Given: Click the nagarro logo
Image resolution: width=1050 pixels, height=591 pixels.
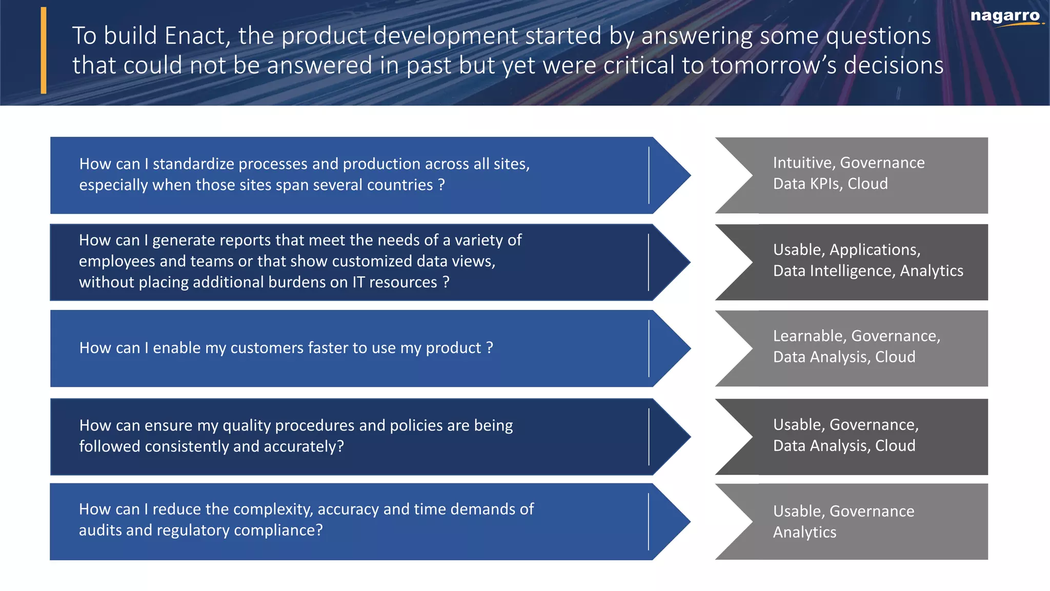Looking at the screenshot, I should [1005, 16].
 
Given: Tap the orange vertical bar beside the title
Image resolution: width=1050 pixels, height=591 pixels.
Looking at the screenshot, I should [44, 50].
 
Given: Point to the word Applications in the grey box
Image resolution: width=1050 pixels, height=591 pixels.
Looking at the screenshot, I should [874, 250].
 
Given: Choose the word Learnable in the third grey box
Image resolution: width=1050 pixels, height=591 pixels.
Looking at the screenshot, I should [810, 336].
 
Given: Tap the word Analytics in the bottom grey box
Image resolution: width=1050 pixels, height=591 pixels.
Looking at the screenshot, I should [804, 533].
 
